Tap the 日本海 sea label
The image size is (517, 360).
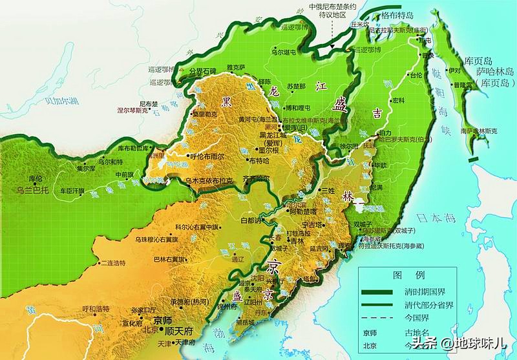pos(434,217)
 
